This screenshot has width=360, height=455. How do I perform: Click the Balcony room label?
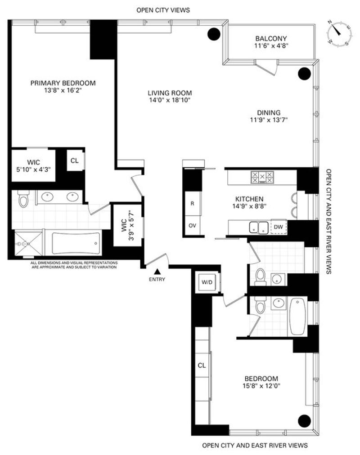pos(271,38)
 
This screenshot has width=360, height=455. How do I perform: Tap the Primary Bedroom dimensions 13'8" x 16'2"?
pos(63,90)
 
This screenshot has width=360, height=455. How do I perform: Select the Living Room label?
pos(170,93)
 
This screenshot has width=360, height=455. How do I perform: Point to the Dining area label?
pos(269,112)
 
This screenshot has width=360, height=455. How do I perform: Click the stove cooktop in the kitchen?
pos(262,177)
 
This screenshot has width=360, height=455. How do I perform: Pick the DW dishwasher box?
pos(279,227)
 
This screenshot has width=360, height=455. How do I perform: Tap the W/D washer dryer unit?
pos(207,282)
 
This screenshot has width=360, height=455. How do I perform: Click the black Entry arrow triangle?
pos(157,272)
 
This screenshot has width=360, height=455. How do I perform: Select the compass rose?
pos(339,33)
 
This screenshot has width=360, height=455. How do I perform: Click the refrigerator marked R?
pos(192,203)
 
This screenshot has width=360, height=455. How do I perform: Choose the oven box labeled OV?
pos(192,225)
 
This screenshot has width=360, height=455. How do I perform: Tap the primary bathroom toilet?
pos(23,198)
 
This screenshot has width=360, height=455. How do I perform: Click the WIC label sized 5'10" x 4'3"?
pos(34,166)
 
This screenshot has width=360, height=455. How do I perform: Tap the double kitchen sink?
pos(259,227)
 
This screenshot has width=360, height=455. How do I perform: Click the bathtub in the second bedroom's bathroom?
pos(297,317)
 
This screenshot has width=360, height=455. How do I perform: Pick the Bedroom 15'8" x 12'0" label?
pos(261,382)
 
